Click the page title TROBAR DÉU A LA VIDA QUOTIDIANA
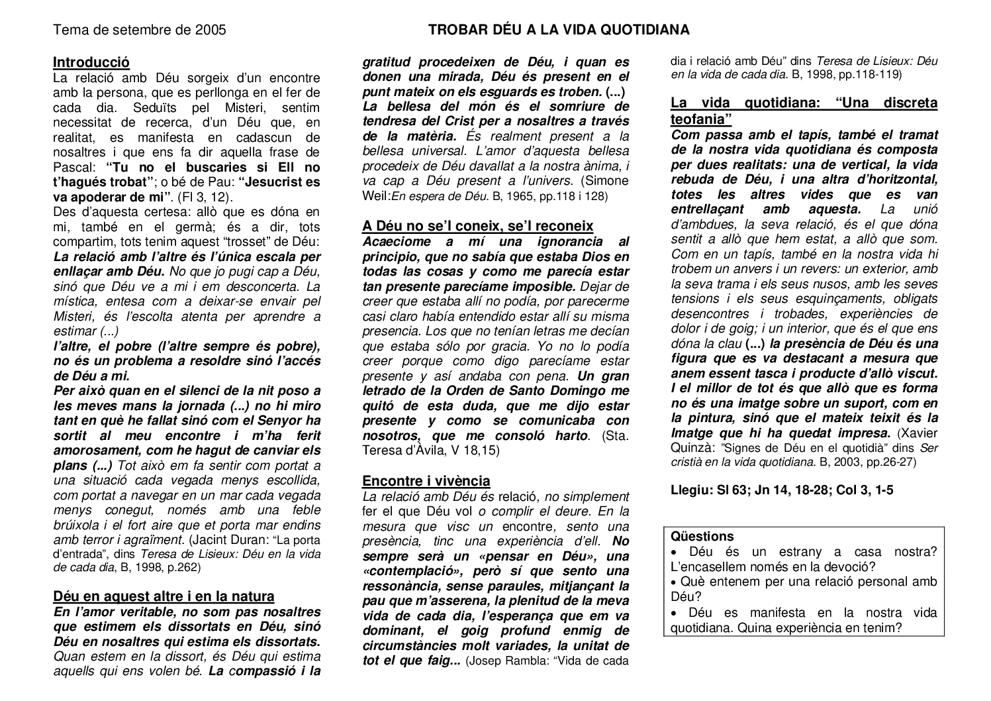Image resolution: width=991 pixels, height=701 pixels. [559, 30]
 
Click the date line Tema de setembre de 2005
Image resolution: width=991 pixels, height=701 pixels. [139, 30]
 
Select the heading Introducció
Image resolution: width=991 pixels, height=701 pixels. [91, 62]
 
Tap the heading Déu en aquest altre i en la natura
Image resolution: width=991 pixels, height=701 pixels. [164, 596]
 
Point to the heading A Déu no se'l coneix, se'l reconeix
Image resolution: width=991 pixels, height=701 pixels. [477, 226]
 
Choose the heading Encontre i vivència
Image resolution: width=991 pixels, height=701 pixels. [426, 481]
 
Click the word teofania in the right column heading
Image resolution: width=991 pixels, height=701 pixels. [700, 119]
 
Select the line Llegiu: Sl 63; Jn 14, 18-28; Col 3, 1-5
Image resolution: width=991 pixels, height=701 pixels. [782, 490]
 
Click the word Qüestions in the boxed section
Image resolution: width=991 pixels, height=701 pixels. [702, 536]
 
